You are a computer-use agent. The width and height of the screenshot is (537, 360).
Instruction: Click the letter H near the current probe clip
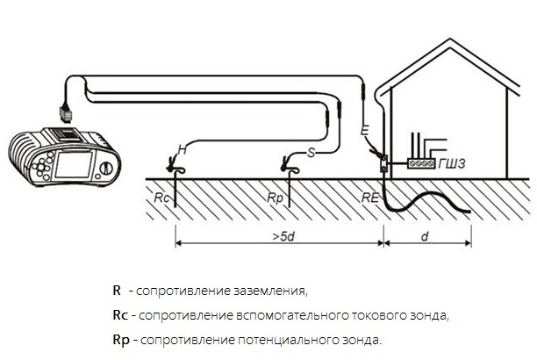183,149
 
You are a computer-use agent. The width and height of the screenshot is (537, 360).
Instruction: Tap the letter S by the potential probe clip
311,152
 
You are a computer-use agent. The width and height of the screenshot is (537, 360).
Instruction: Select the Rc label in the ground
161,198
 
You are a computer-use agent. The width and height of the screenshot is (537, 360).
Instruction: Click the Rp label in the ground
275,198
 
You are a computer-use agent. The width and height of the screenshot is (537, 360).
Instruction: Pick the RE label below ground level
370,198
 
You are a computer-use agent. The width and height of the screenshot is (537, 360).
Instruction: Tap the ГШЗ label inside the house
452,163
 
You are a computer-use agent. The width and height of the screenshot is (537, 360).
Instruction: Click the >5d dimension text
283,236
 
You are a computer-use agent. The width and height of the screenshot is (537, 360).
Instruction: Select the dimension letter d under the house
425,236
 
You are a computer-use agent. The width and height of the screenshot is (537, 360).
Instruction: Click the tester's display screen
74,164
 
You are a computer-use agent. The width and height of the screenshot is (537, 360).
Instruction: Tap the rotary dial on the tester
106,168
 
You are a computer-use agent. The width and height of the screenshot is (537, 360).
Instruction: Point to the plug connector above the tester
66,112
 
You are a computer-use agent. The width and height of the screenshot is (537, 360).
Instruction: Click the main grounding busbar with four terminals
421,163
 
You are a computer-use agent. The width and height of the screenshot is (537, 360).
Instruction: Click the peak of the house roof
449,40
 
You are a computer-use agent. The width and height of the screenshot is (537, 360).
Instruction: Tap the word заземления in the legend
270,291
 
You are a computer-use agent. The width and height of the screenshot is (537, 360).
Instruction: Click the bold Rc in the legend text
120,315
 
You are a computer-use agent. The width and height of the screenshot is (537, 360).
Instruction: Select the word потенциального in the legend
287,340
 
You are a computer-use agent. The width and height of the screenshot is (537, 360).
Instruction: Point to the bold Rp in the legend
121,341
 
